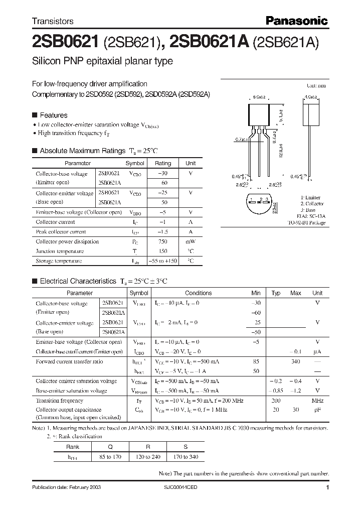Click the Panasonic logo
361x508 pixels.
(296, 21)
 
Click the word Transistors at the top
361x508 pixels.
(53, 21)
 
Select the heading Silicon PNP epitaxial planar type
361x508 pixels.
(102, 61)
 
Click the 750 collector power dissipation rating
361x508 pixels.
(162, 241)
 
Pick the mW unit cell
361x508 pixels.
(191, 241)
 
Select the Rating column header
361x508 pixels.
(163, 163)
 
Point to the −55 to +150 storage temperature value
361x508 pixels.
(163, 261)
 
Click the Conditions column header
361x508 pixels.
(199, 293)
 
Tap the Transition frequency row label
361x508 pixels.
(59, 401)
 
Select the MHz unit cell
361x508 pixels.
(317, 401)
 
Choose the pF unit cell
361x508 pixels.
(317, 410)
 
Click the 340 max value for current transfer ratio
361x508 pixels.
(296, 361)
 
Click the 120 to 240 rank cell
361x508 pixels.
(148, 457)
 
